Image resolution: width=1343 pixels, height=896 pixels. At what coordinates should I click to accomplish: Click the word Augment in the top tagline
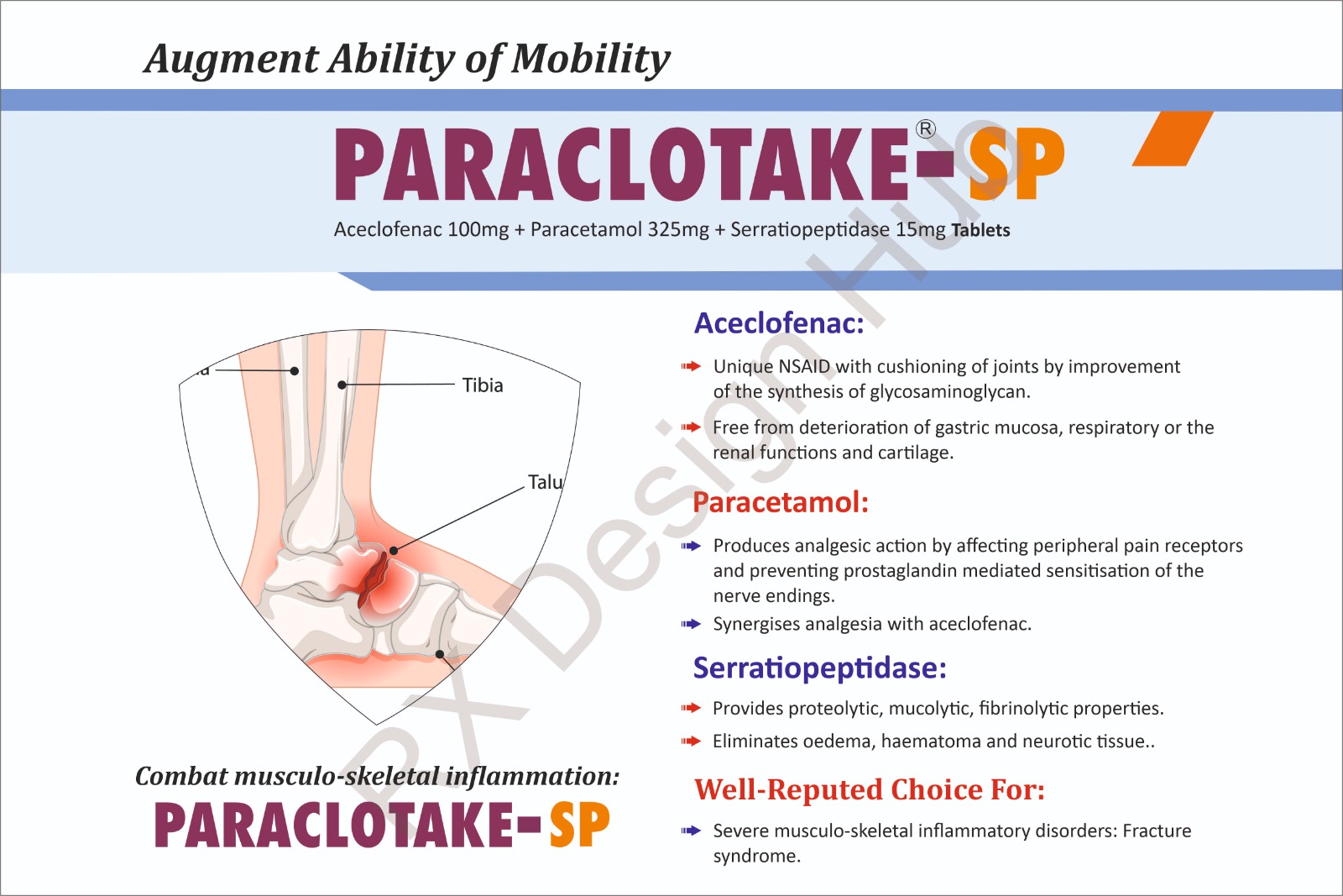[232, 60]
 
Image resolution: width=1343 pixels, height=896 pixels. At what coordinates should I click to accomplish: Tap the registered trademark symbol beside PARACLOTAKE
[925, 129]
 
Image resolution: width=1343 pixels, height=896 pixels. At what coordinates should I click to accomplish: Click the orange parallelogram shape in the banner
[1172, 139]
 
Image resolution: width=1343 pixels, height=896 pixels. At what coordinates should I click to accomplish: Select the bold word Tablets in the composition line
[981, 230]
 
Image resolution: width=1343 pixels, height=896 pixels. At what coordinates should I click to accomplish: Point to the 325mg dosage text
[678, 230]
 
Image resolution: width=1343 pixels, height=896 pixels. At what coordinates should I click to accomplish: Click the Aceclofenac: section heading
[779, 323]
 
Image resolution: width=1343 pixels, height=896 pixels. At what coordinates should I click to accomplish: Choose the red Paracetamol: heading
[781, 502]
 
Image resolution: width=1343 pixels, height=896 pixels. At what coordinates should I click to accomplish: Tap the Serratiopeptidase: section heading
[819, 668]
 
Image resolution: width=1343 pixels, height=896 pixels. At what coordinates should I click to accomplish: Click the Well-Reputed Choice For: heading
[870, 789]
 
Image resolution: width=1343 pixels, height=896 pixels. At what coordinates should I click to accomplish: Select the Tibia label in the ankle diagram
[483, 385]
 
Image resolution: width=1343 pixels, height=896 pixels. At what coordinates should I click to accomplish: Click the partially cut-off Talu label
[545, 481]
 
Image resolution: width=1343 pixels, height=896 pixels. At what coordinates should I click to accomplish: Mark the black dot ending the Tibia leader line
[342, 385]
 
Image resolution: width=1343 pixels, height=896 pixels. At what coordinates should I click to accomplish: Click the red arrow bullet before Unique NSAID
[691, 366]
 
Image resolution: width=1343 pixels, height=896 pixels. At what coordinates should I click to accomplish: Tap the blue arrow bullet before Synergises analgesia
[691, 624]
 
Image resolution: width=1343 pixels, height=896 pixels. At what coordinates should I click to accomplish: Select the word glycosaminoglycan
[949, 392]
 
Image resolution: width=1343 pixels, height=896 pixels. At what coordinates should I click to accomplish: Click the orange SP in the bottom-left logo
[579, 825]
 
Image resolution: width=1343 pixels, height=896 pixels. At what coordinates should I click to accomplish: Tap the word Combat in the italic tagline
[181, 777]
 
